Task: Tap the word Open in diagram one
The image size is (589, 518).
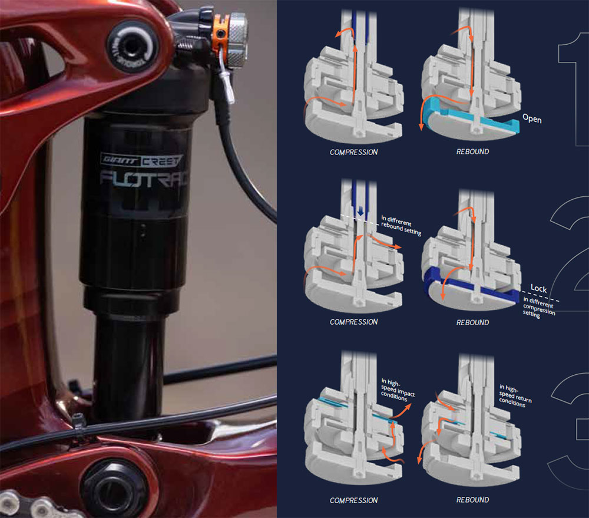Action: pyautogui.click(x=531, y=119)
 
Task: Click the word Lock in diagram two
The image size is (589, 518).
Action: pyautogui.click(x=539, y=288)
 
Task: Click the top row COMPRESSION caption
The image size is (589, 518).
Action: pyautogui.click(x=353, y=152)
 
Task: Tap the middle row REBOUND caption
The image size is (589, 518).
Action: pyautogui.click(x=472, y=322)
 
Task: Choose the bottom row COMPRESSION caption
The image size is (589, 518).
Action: pyautogui.click(x=353, y=500)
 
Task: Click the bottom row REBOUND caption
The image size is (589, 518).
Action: pyautogui.click(x=472, y=500)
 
